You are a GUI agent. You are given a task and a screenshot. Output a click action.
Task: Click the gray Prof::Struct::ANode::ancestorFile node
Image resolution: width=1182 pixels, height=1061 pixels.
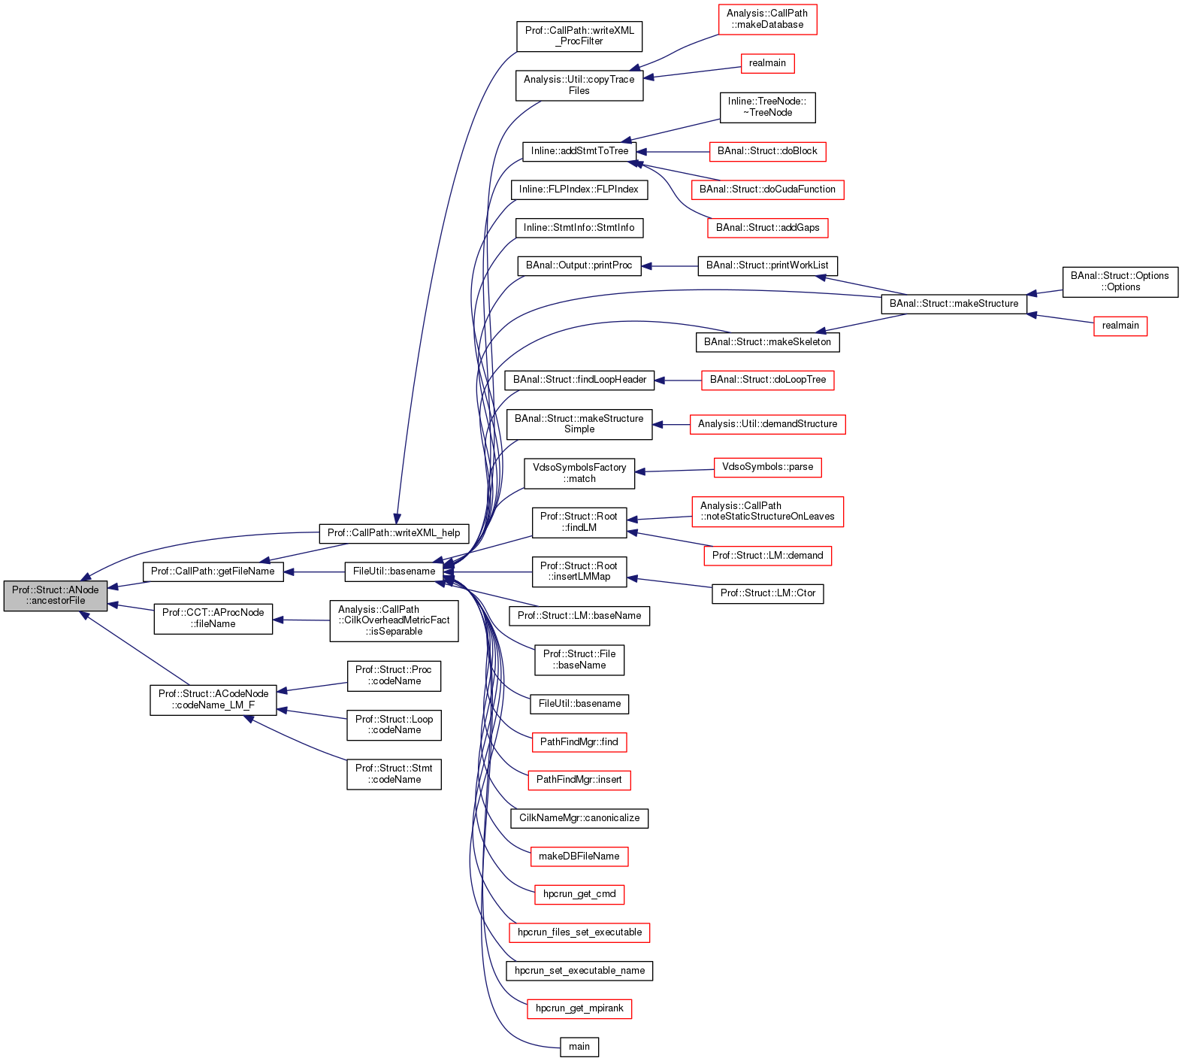tap(55, 596)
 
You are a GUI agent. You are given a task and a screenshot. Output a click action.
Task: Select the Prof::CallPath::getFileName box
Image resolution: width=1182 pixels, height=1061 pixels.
tap(213, 571)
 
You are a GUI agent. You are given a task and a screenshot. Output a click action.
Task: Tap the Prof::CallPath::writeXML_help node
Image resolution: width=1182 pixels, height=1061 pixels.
tap(394, 533)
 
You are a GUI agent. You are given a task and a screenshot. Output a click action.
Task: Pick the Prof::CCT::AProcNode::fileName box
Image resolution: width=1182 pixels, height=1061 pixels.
tap(213, 618)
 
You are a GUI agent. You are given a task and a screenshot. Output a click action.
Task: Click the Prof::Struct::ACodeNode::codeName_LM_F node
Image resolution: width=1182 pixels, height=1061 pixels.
tap(213, 700)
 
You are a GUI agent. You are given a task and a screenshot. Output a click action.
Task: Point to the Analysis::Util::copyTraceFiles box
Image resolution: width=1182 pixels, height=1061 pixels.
tap(579, 85)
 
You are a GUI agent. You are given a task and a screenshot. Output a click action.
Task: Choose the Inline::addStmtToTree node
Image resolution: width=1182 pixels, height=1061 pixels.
tap(579, 151)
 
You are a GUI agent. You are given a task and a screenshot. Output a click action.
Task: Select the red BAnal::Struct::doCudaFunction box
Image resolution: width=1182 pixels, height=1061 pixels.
tap(767, 189)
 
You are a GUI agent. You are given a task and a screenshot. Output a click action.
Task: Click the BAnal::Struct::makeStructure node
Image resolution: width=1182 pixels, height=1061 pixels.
tap(954, 304)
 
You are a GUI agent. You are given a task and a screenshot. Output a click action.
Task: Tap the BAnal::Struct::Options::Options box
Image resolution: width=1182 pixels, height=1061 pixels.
tap(1120, 282)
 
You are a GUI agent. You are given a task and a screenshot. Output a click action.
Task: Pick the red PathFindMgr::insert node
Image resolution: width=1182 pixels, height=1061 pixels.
tap(579, 780)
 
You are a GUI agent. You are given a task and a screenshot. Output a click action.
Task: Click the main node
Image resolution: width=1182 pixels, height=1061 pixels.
tap(579, 1047)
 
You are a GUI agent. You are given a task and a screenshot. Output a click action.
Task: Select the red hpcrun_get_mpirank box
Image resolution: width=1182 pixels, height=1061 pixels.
tap(579, 1008)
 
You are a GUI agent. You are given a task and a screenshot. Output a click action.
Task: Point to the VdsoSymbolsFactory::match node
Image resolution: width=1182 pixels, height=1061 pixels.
tap(579, 473)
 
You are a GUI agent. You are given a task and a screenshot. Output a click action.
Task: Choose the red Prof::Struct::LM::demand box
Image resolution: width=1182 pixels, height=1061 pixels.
tap(767, 556)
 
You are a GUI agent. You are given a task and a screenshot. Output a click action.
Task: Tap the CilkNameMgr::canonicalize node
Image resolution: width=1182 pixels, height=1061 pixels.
tap(579, 818)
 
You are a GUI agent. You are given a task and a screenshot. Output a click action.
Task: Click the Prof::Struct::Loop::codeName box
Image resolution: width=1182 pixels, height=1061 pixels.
tap(394, 725)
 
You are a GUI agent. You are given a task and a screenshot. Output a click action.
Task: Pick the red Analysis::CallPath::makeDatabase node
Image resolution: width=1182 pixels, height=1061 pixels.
tap(767, 20)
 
